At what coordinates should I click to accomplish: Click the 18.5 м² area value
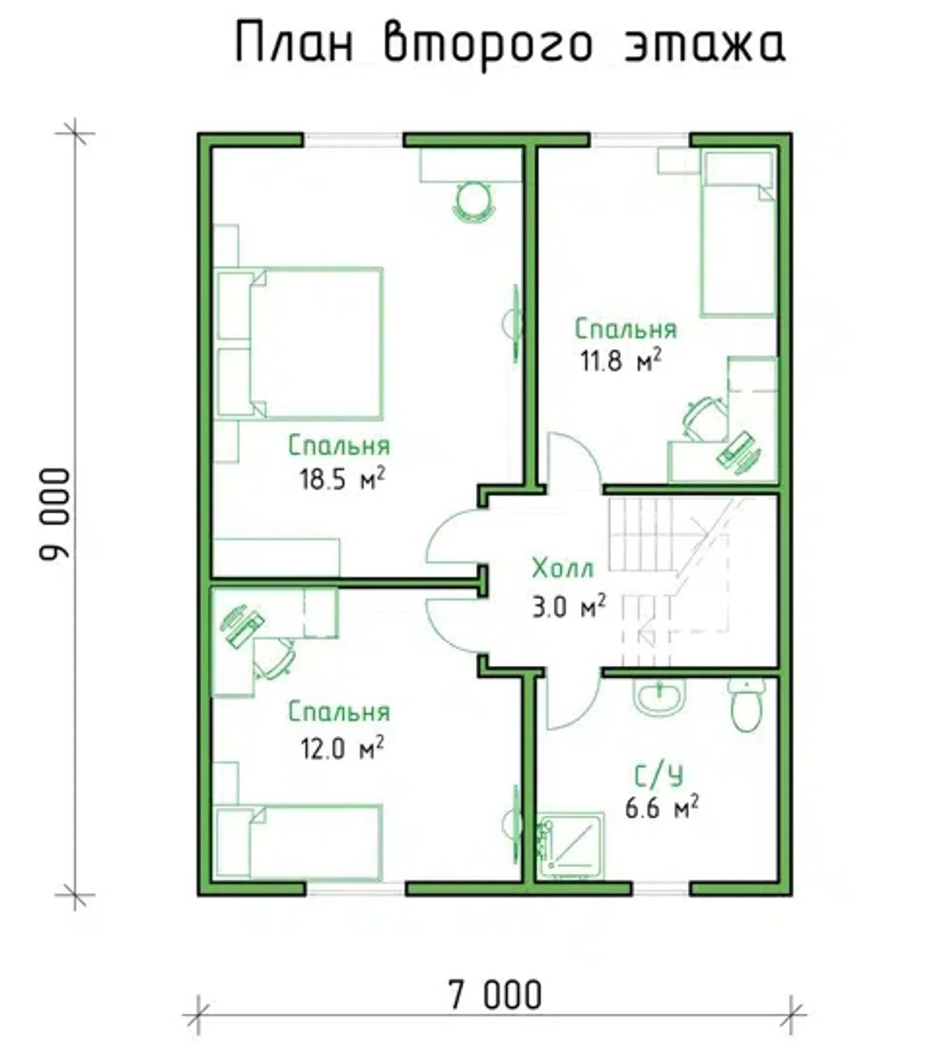click(342, 479)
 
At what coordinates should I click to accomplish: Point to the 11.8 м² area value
click(620, 361)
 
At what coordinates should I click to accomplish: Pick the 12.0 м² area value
click(342, 748)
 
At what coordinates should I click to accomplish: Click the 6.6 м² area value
click(662, 808)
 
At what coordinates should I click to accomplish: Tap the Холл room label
click(563, 568)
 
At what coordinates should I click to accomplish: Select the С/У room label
click(658, 776)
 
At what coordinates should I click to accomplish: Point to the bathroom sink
click(659, 697)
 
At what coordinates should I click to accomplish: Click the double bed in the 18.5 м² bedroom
click(300, 343)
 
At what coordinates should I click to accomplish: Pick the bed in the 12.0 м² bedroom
click(299, 842)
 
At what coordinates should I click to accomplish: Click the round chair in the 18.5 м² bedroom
click(473, 202)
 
